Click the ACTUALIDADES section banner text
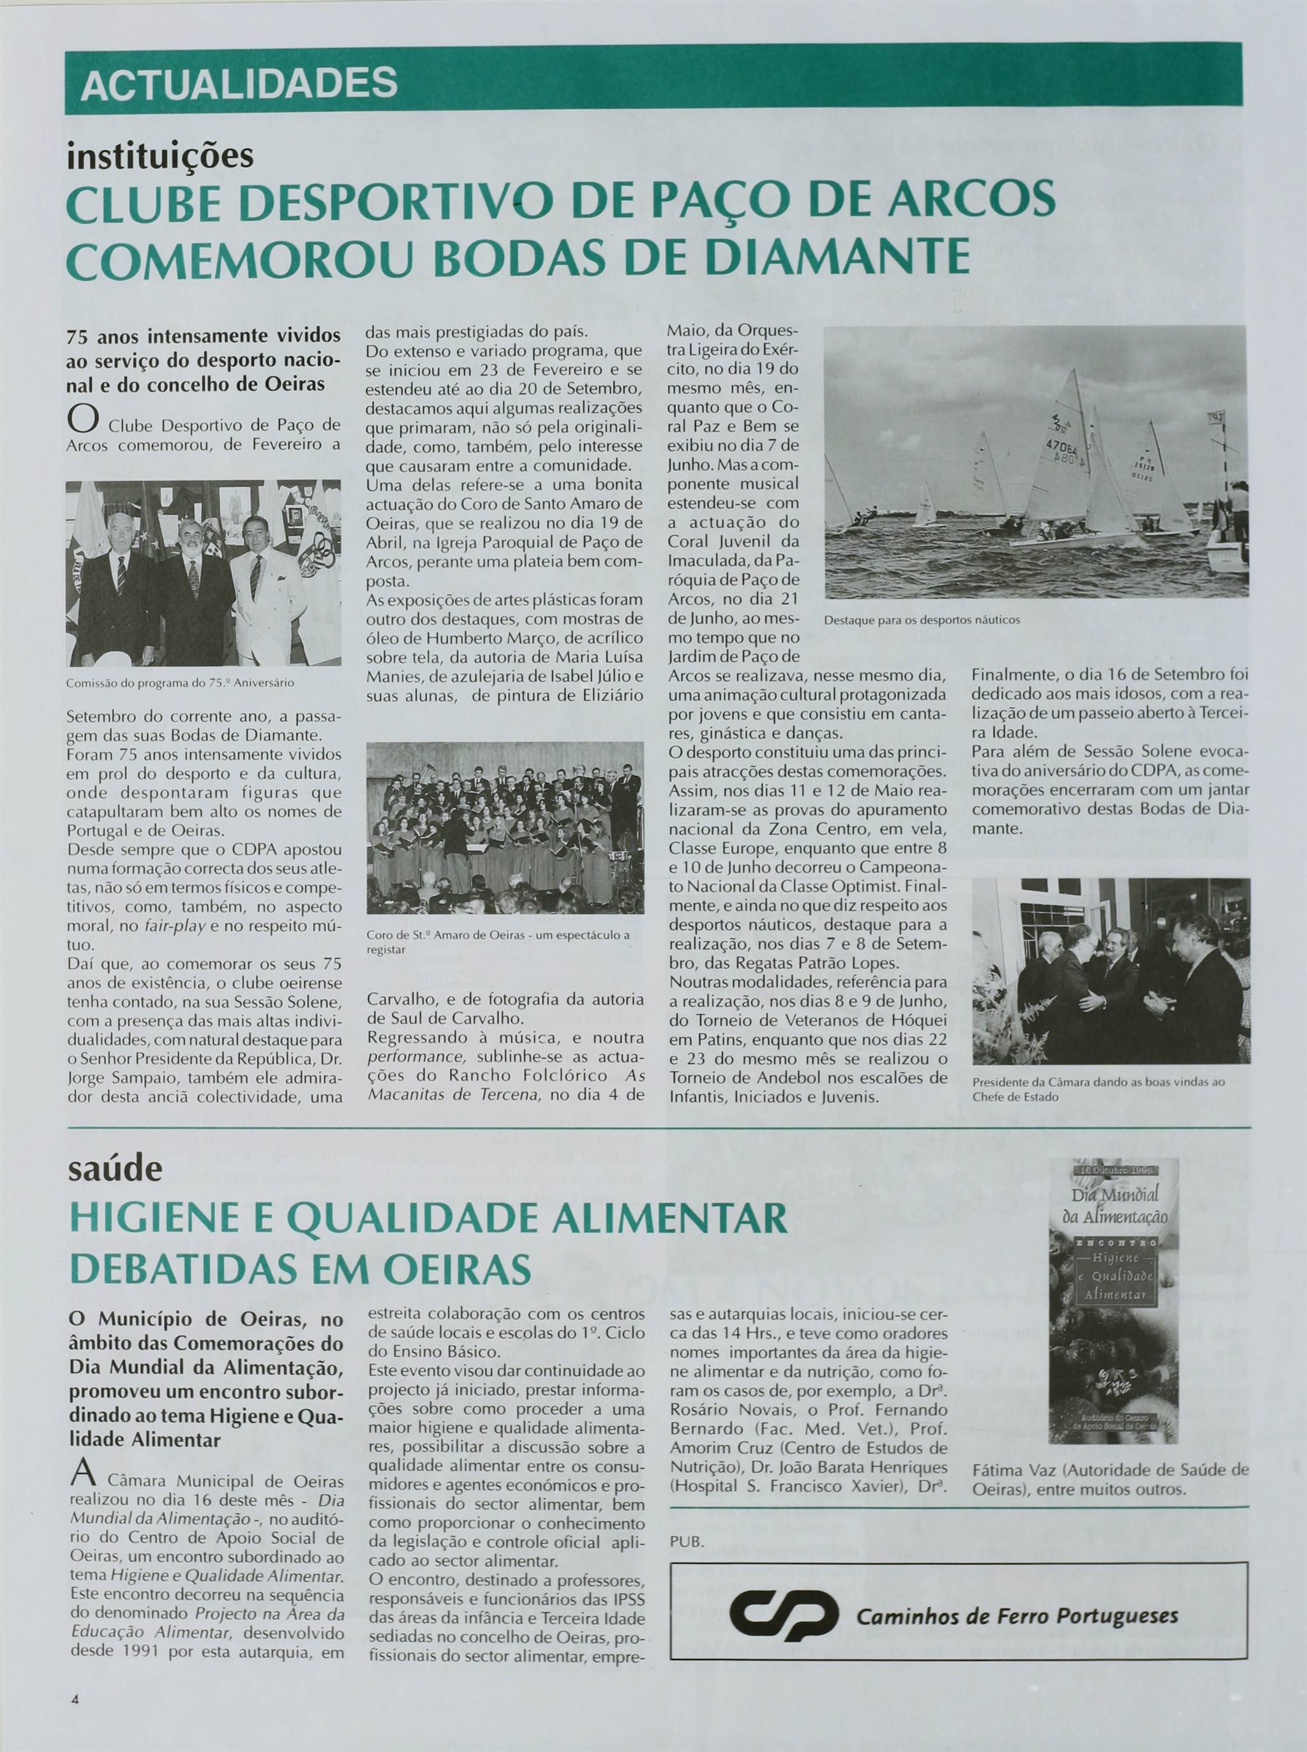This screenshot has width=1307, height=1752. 238,83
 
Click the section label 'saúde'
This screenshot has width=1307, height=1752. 116,1167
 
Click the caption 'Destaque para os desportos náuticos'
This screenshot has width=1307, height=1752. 922,621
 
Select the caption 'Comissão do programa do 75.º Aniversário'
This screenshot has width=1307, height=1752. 181,681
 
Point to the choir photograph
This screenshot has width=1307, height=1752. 505,827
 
